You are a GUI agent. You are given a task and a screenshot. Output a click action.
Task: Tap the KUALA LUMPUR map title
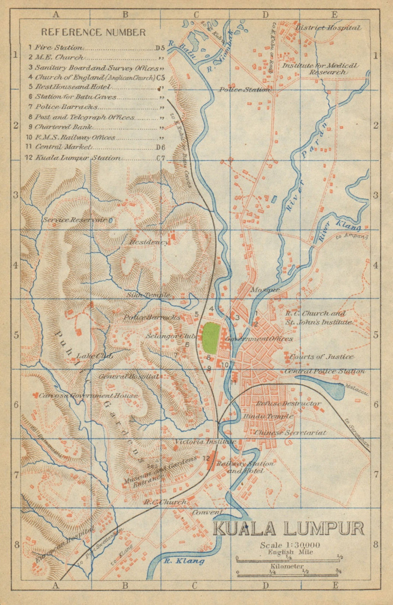(x=288, y=529)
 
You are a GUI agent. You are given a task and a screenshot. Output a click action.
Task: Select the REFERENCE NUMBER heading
(x=94, y=32)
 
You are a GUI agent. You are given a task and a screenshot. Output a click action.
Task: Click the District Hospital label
(x=328, y=28)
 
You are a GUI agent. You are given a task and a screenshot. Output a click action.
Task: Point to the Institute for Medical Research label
(x=320, y=68)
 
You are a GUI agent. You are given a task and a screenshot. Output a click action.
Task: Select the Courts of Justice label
(x=322, y=357)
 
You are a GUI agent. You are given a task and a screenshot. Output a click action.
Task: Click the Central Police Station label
(x=325, y=371)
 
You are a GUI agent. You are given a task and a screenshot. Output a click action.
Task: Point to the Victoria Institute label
(x=206, y=442)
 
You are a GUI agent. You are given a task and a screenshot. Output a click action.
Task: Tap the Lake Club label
(x=94, y=356)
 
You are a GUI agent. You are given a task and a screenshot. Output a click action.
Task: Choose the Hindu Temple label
(x=268, y=416)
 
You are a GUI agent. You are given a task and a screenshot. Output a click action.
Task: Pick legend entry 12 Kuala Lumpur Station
(x=77, y=158)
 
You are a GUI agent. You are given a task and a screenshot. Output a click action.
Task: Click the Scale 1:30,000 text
(x=290, y=545)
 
